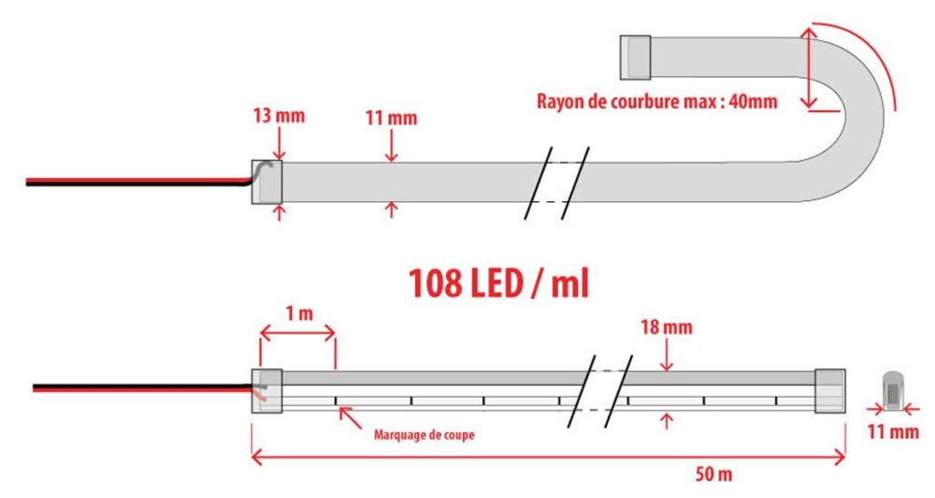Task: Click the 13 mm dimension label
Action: pyautogui.click(x=278, y=115)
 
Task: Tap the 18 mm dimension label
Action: pyautogui.click(x=666, y=327)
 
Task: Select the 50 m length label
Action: pyautogui.click(x=714, y=475)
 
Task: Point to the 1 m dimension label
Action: pyautogui.click(x=299, y=313)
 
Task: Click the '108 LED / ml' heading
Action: pyautogui.click(x=499, y=283)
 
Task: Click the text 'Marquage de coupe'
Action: pyautogui.click(x=424, y=435)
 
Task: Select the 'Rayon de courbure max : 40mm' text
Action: pyautogui.click(x=657, y=101)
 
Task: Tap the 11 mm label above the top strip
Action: pyautogui.click(x=391, y=118)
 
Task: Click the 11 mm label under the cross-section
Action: pyautogui.click(x=893, y=431)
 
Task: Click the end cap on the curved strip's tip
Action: pyautogui.click(x=636, y=58)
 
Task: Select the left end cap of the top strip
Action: pyautogui.click(x=267, y=182)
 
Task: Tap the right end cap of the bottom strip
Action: pyautogui.click(x=830, y=391)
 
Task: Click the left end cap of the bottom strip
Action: pyautogui.click(x=267, y=391)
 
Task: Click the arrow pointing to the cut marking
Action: pyautogui.click(x=350, y=417)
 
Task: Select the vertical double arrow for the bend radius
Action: pyautogui.click(x=809, y=68)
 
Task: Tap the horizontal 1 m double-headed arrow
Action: pyautogui.click(x=298, y=334)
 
